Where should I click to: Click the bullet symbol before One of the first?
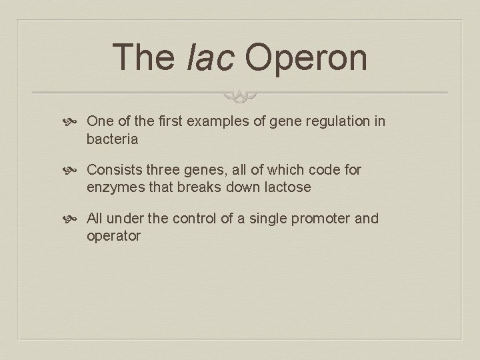[x=74, y=122]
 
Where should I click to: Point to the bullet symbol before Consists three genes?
[x=74, y=171]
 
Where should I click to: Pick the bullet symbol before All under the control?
[x=74, y=219]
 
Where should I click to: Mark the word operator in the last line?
[x=113, y=236]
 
